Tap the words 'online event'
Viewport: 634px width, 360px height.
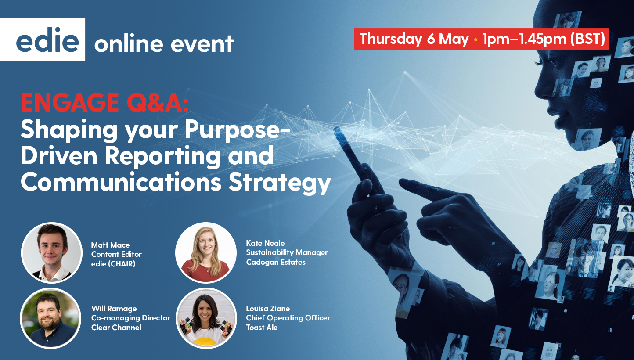[x=164, y=43]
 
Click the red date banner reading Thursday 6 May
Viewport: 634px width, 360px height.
[x=481, y=39]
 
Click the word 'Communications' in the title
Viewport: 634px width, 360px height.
[x=121, y=182]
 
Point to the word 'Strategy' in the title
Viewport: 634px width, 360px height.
[x=280, y=184]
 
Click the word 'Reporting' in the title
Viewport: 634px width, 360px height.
[x=163, y=157]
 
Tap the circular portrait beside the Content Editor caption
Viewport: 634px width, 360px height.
[x=52, y=252]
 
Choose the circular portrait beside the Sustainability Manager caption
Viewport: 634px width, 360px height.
[x=206, y=252]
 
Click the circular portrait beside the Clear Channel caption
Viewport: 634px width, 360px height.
[x=50, y=318]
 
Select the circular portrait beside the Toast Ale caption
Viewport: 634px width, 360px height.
[x=206, y=318]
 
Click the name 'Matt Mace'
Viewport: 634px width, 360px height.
[x=110, y=245]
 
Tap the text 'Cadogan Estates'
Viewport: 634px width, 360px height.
[x=276, y=262]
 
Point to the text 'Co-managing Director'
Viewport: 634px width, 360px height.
[x=131, y=318]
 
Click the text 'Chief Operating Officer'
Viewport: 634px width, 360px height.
[x=288, y=318]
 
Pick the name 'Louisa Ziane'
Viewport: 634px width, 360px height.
[x=268, y=309]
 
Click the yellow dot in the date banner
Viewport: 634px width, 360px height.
[x=476, y=40]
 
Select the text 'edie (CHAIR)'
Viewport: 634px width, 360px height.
[x=113, y=264]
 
